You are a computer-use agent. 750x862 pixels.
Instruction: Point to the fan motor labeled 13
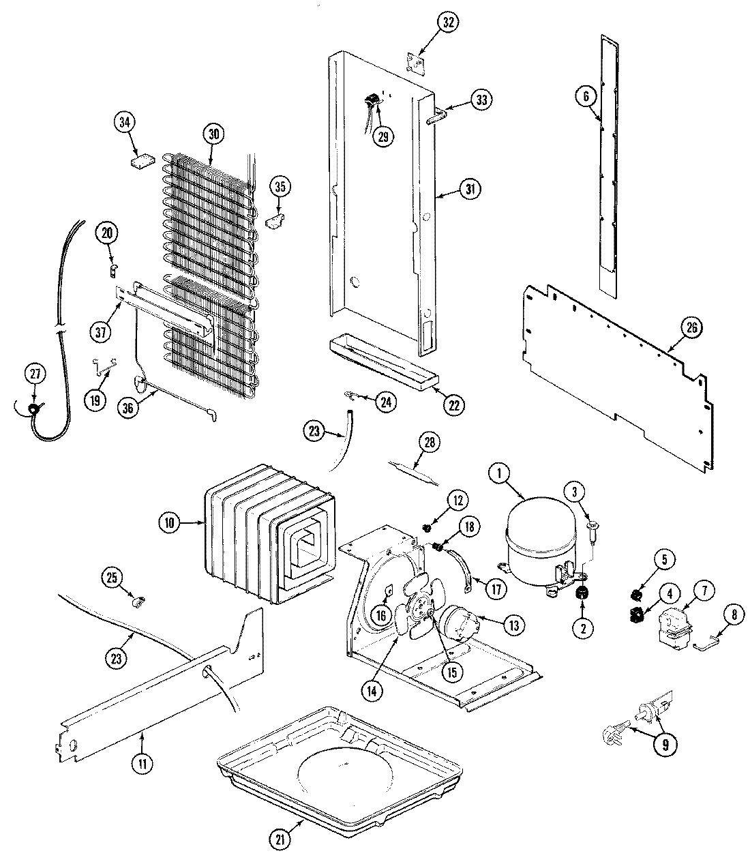click(x=459, y=623)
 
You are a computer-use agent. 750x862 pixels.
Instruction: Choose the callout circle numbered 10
click(x=169, y=524)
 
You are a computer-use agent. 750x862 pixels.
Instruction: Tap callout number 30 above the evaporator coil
click(x=214, y=134)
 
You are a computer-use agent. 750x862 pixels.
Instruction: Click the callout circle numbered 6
click(x=584, y=97)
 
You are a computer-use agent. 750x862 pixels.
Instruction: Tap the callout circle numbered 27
click(x=35, y=374)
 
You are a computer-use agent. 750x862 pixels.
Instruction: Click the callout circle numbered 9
click(x=661, y=745)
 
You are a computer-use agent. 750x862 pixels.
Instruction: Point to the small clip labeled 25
click(x=138, y=601)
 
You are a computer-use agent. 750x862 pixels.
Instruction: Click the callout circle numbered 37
click(x=102, y=332)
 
